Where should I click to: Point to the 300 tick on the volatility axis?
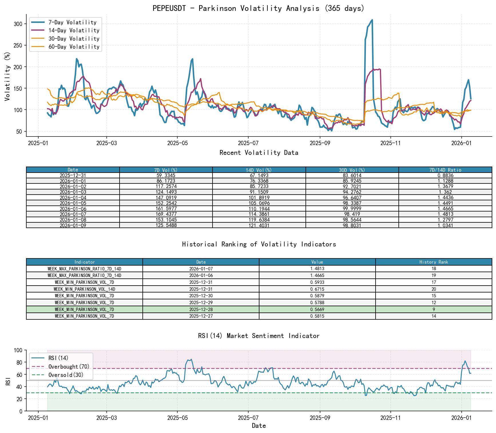18,24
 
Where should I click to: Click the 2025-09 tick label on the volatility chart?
320,143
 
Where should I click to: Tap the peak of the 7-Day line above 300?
372,20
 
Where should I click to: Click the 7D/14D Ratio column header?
445,170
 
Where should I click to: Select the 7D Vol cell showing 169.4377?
166,214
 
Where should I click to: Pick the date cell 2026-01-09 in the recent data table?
73,226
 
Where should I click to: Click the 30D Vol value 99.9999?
352,209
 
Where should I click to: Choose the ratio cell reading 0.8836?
445,175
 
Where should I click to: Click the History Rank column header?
434,262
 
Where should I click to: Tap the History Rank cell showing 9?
434,309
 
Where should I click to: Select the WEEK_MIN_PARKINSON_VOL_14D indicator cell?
84,289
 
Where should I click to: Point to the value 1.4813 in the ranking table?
317,269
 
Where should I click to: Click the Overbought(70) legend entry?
69,367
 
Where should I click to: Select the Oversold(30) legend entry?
66,375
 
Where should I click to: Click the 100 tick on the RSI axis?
18,350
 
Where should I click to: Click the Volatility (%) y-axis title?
7,76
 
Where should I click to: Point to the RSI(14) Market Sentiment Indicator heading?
259,336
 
